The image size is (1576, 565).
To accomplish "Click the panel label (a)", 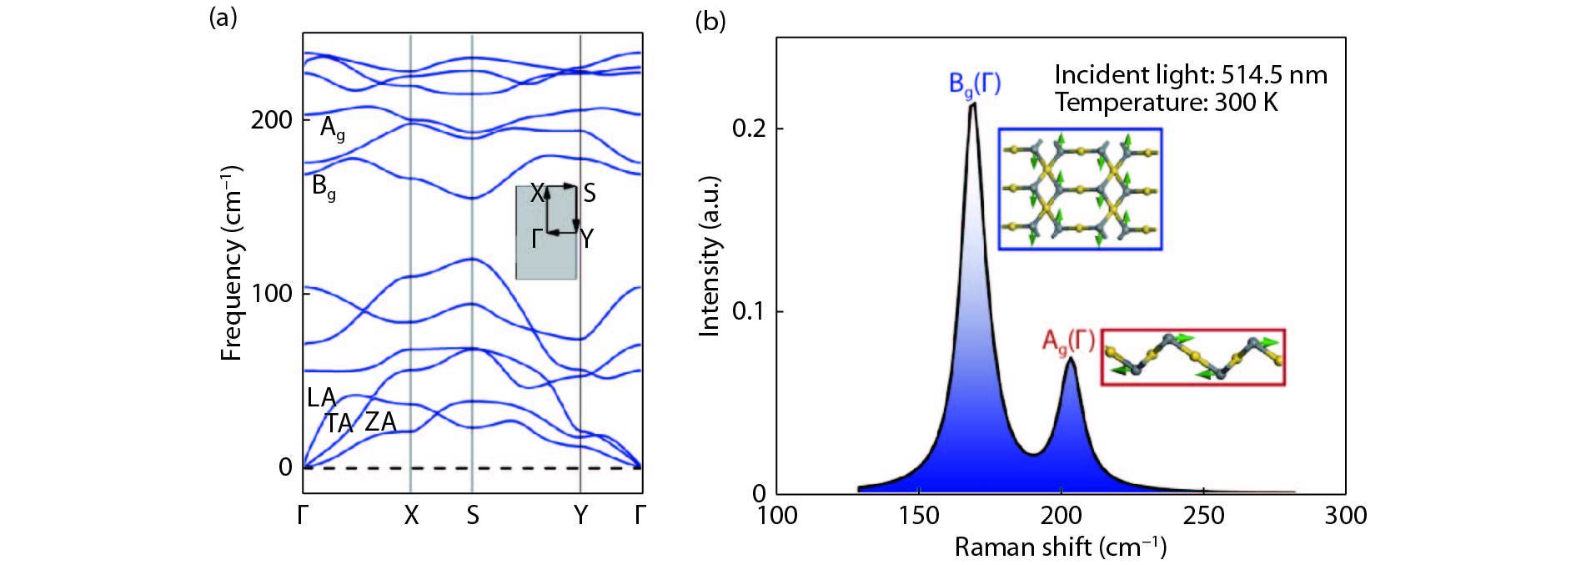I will click(223, 18).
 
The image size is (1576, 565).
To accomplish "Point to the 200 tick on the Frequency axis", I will click(271, 120).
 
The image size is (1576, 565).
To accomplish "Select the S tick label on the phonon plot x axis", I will click(473, 516).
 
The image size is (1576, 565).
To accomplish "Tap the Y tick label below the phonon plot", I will click(580, 516).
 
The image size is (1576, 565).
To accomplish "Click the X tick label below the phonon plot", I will click(411, 516).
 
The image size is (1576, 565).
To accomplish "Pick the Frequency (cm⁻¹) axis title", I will click(232, 264).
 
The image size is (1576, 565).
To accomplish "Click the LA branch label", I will click(321, 397).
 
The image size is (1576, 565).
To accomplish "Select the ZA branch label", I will click(380, 421).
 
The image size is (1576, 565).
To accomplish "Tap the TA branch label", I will click(339, 423).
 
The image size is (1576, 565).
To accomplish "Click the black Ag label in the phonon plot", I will click(332, 129).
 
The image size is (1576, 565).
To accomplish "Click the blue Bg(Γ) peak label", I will click(975, 84).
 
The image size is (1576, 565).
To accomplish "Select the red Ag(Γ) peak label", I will click(1068, 341).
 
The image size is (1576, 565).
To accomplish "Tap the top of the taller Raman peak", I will click(972, 105).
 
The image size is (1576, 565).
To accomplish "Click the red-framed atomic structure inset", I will click(1192, 357).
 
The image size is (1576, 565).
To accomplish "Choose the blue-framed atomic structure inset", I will click(1080, 189).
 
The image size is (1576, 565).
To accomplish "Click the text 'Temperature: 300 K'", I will click(1166, 103).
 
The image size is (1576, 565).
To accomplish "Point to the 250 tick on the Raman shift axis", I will click(1203, 516).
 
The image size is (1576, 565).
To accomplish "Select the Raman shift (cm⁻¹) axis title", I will click(1060, 547).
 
